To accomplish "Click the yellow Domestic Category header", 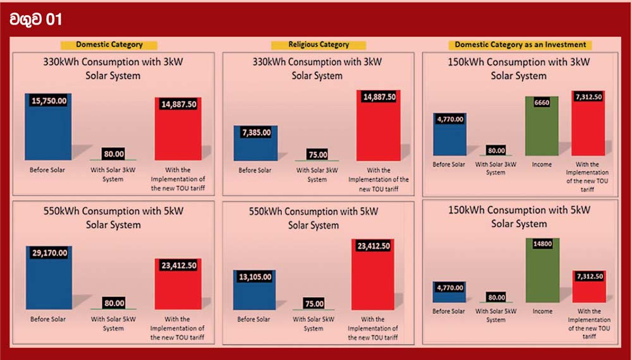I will click(109, 45).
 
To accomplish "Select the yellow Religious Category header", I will click(319, 45).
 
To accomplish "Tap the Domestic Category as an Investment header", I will click(520, 45).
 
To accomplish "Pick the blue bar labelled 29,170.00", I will click(49, 281).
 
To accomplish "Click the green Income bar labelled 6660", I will click(542, 126).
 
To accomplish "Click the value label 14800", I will click(542, 244).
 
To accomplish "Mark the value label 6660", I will click(542, 103).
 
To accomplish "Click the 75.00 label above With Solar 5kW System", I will click(313, 303).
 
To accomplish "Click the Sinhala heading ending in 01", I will click(36, 20).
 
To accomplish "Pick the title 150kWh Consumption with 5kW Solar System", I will click(519, 217).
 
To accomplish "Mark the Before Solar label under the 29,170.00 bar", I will click(48, 319).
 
